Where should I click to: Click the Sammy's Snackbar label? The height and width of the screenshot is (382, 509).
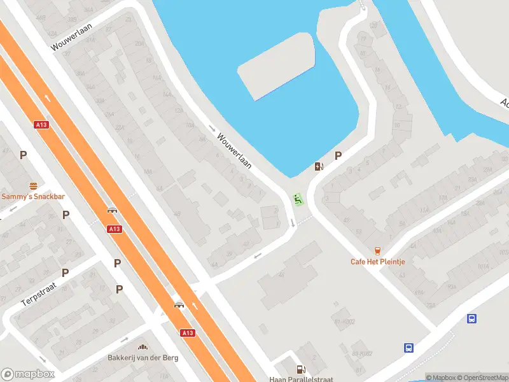32,197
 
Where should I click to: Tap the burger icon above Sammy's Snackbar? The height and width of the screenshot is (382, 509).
33,186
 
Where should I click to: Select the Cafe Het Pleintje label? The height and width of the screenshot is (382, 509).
378,262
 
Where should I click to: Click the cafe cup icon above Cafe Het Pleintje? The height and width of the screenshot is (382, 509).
378,251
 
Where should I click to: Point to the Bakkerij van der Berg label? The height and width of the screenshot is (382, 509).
143,358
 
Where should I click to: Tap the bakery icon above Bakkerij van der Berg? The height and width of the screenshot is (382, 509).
143,347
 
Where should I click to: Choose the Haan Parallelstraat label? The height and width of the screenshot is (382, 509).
301,379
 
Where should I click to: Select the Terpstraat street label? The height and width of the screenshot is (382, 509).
39,294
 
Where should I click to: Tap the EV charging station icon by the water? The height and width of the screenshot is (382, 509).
319,167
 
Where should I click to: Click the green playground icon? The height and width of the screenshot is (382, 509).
296,199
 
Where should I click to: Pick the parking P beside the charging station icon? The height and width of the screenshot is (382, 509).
338,155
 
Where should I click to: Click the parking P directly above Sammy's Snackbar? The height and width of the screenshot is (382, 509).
24,155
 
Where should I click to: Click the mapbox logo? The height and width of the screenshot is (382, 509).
27,374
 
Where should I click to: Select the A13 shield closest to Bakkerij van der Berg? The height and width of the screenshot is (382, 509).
187,333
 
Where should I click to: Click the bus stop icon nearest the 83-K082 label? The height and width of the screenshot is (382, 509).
408,348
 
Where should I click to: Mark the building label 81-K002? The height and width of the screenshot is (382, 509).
344,322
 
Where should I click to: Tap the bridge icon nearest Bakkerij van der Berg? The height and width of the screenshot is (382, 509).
179,305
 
